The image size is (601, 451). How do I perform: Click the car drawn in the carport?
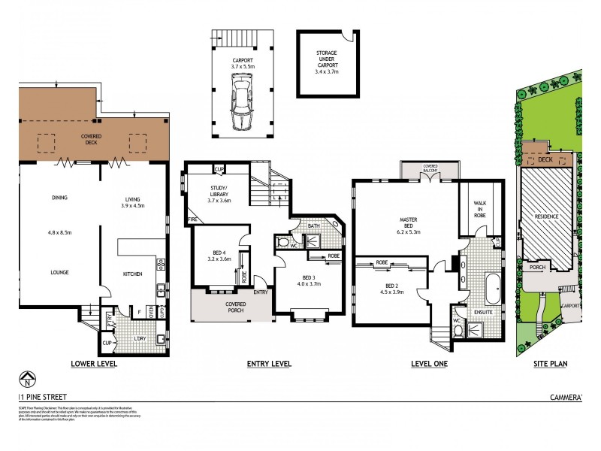click(x=242, y=105)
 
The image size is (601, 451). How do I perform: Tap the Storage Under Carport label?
click(x=327, y=59)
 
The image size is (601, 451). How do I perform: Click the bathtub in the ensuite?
click(x=492, y=289)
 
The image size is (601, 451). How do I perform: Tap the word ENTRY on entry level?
click(x=261, y=292)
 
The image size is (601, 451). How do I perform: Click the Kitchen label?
click(x=133, y=274)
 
